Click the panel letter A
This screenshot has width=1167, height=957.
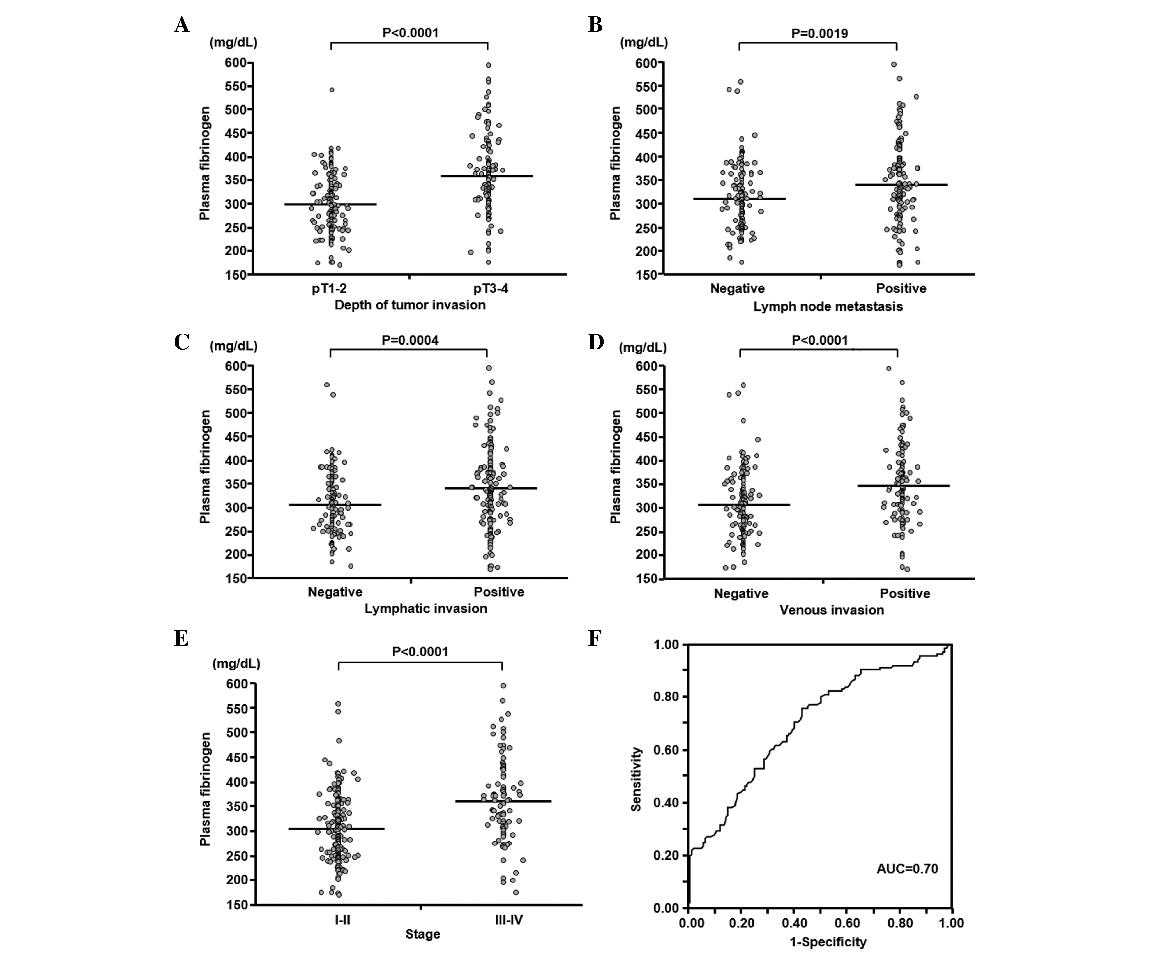pyautogui.click(x=182, y=25)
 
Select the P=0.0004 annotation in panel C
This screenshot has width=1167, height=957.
pyautogui.click(x=410, y=340)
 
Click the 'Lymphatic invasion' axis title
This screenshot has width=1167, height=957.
pyautogui.click(x=426, y=609)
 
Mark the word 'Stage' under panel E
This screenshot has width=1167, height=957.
pyautogui.click(x=423, y=934)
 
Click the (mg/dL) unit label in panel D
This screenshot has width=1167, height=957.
pyautogui.click(x=643, y=348)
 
